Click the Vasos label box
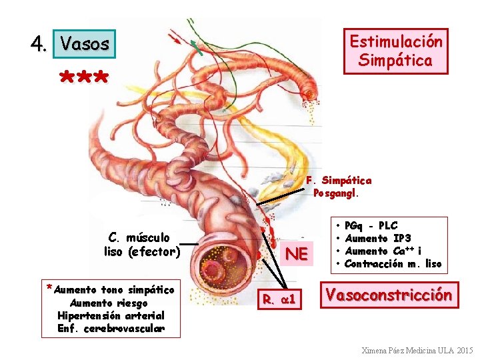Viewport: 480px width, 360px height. (x=85, y=44)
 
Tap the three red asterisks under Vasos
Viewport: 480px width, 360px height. (x=84, y=79)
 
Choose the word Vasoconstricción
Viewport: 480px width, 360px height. (x=389, y=294)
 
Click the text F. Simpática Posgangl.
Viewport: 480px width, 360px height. (x=339, y=187)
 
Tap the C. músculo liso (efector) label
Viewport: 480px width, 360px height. (x=141, y=244)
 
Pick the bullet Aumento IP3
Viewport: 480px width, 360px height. (x=377, y=239)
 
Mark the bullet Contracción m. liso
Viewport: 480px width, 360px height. (x=393, y=264)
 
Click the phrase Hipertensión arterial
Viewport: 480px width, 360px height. (x=111, y=315)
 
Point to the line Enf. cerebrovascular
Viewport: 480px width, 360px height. (x=111, y=328)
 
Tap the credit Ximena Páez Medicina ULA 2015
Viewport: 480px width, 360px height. (x=417, y=350)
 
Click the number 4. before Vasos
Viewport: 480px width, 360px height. (x=39, y=44)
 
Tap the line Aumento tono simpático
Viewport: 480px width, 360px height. (x=113, y=290)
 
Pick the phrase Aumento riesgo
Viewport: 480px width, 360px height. (x=111, y=303)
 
